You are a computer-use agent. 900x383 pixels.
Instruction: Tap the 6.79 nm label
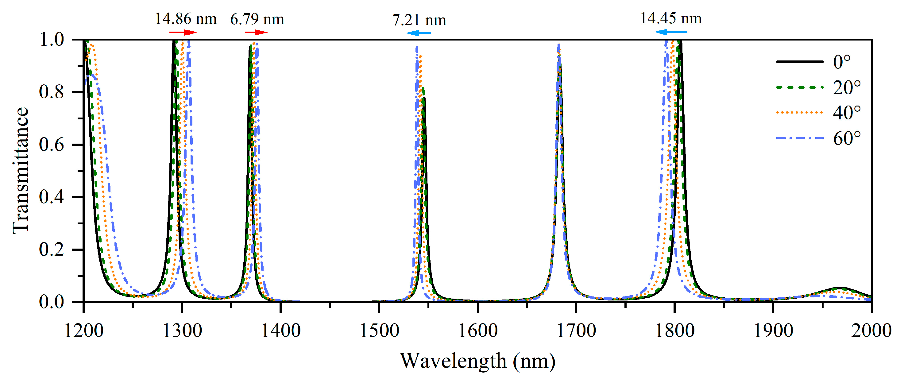click(257, 19)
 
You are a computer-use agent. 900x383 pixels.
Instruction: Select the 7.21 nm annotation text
click(419, 20)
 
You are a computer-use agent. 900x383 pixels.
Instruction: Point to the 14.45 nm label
click(670, 18)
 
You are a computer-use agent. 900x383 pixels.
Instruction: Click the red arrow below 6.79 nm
click(257, 33)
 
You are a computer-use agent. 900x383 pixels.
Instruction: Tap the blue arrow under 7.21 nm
click(418, 33)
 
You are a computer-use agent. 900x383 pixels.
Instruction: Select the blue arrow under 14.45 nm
click(670, 32)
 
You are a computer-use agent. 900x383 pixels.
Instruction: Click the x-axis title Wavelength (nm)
click(477, 361)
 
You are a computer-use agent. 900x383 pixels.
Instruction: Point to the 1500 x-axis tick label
click(379, 331)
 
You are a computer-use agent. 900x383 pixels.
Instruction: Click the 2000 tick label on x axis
click(871, 331)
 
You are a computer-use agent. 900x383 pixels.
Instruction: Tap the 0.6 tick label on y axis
click(51, 145)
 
